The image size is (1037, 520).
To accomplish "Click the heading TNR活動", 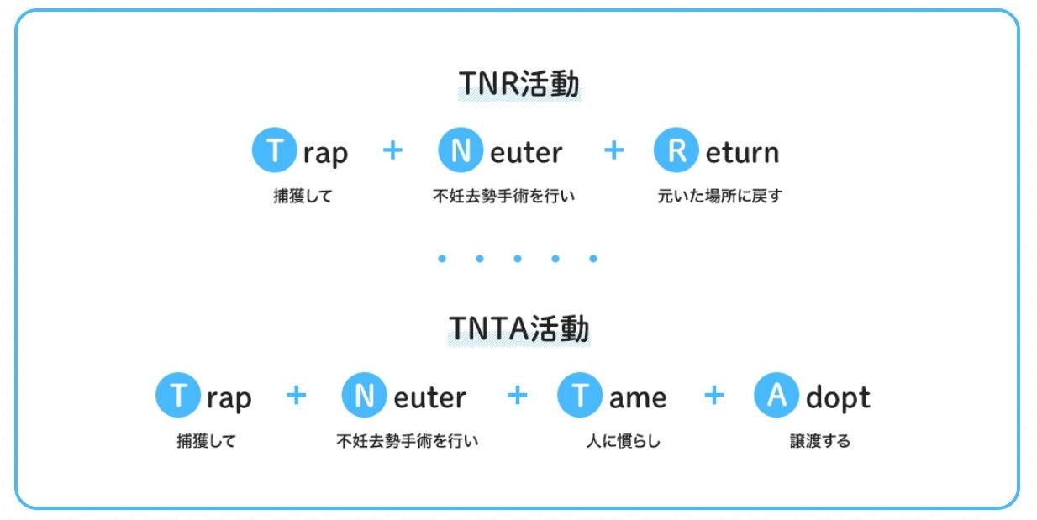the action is point(518,85).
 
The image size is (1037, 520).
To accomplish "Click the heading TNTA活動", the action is point(518,329).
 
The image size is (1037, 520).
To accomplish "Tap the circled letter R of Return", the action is point(676,151).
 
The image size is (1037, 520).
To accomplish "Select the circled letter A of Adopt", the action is point(776,396).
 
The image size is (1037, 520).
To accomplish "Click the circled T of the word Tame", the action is point(579,396).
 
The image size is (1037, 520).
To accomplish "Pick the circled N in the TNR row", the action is point(461,151).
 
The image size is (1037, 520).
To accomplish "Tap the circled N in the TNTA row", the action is point(364,396).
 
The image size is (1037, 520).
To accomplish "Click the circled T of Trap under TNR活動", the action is point(274,151).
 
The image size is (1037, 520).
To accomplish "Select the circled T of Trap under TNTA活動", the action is point(177,396).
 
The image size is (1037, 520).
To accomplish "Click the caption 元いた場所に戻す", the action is point(719,197).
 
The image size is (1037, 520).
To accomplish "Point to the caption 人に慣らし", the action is point(623,441).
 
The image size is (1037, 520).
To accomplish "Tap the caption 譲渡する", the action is point(819,441).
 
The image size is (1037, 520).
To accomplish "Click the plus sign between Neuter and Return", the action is point(614,150).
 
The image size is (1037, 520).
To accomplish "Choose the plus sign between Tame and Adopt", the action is point(713,395).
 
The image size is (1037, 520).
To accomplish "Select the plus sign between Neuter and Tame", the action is point(518,395).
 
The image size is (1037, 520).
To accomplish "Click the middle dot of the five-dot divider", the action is point(517,259).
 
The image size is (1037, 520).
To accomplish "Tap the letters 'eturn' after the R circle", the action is point(742,153).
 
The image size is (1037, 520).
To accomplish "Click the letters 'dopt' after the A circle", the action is point(838,397).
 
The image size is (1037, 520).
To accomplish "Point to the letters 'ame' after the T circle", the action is point(638,397).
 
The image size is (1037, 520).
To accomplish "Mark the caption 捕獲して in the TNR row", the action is point(303,197).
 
